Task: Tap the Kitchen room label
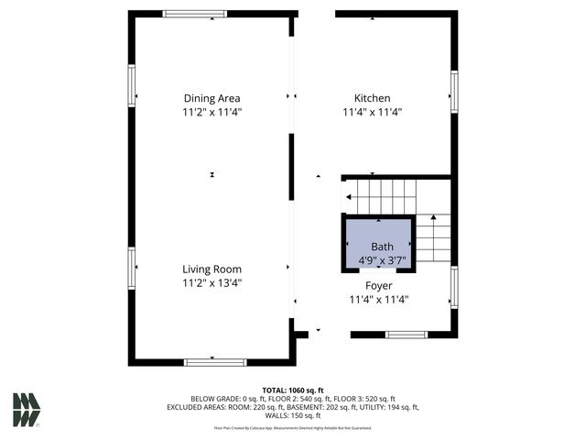tap(373, 98)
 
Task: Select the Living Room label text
tap(212, 269)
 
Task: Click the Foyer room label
tap(378, 285)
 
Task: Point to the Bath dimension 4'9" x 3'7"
tap(382, 261)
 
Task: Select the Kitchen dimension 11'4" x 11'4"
tap(373, 112)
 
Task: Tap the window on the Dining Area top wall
tap(195, 14)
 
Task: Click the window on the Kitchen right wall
tap(453, 93)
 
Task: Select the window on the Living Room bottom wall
tap(215, 362)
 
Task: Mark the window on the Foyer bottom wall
tap(407, 335)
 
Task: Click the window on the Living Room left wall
tap(132, 268)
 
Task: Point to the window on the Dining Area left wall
tap(132, 86)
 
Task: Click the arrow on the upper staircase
tap(350, 197)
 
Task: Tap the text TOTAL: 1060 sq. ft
tap(293, 390)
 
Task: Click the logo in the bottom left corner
tap(27, 410)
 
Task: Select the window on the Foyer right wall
tap(453, 286)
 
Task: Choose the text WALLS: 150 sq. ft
tap(293, 415)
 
